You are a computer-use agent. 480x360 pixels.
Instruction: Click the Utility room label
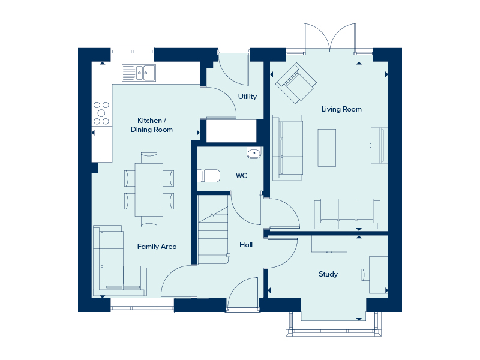coord(247,97)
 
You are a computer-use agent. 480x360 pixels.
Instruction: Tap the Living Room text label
coord(341,109)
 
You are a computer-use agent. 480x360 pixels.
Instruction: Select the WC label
coord(241,176)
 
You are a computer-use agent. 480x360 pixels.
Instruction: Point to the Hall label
coord(246,245)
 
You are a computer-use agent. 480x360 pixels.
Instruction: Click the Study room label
coord(328,274)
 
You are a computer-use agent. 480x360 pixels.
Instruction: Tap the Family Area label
coord(157,247)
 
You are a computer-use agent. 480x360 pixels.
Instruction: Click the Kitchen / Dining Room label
coord(152,125)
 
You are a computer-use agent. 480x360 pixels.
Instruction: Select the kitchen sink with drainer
coord(139,73)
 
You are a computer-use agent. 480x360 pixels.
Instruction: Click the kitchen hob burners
coord(101,113)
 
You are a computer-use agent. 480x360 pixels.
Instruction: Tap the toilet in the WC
coord(208,176)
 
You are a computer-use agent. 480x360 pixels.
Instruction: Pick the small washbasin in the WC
coord(254,153)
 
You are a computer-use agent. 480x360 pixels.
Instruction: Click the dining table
coord(149,190)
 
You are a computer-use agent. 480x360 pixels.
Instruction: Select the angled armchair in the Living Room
coord(296,83)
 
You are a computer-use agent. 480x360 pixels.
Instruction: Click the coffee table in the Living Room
coord(326,148)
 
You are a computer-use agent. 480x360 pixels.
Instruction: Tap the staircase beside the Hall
coord(214,230)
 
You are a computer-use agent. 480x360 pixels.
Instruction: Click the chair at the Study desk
coord(365,275)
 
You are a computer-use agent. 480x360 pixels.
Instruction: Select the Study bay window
coord(334,325)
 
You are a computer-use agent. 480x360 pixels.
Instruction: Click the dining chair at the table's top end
coord(149,158)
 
